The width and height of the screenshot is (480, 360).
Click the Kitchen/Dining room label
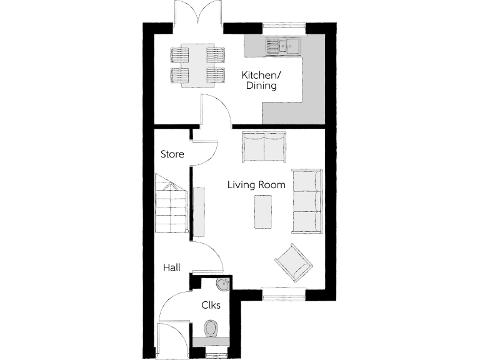261,81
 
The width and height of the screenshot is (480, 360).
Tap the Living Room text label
256,185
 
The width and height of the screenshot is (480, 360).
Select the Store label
172,154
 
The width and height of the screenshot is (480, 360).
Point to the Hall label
172,267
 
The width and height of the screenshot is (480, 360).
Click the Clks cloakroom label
210,306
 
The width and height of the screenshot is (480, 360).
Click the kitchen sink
282,44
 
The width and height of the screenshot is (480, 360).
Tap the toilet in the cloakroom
211,328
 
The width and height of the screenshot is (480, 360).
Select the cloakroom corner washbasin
222,286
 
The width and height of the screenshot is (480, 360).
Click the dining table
198,66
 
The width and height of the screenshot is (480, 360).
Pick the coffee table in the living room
262,211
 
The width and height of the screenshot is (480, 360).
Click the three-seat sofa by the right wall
307,199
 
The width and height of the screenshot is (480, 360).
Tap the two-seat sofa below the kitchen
265,146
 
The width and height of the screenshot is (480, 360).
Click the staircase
171,203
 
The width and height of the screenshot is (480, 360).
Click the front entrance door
164,337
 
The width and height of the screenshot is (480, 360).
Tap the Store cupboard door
204,153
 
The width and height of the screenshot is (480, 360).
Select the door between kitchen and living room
216,111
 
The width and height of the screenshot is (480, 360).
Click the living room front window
283,289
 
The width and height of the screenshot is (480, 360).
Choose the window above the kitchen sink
283,26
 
